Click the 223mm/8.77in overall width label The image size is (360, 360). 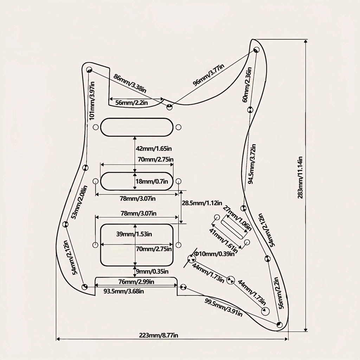click(x=159, y=335)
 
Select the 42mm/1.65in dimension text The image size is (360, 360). click(x=154, y=149)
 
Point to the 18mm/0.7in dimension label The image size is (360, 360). click(x=152, y=181)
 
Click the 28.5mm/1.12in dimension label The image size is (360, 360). click(x=202, y=203)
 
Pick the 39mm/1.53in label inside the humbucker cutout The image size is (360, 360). click(x=134, y=234)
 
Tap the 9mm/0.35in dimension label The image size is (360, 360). click(x=152, y=272)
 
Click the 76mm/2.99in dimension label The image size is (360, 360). click(x=136, y=282)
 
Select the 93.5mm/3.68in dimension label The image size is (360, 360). click(x=124, y=291)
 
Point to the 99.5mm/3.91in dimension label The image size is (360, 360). click(x=223, y=308)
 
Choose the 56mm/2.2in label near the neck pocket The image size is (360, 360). click(x=131, y=103)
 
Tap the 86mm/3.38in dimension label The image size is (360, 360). click(x=130, y=83)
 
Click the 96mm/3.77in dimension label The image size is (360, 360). click(x=208, y=75)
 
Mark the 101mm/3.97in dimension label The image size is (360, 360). click(x=92, y=101)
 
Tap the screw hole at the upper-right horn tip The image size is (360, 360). click(x=256, y=49)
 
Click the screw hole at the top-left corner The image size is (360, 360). click(x=89, y=70)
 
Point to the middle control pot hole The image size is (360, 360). click(x=231, y=280)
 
